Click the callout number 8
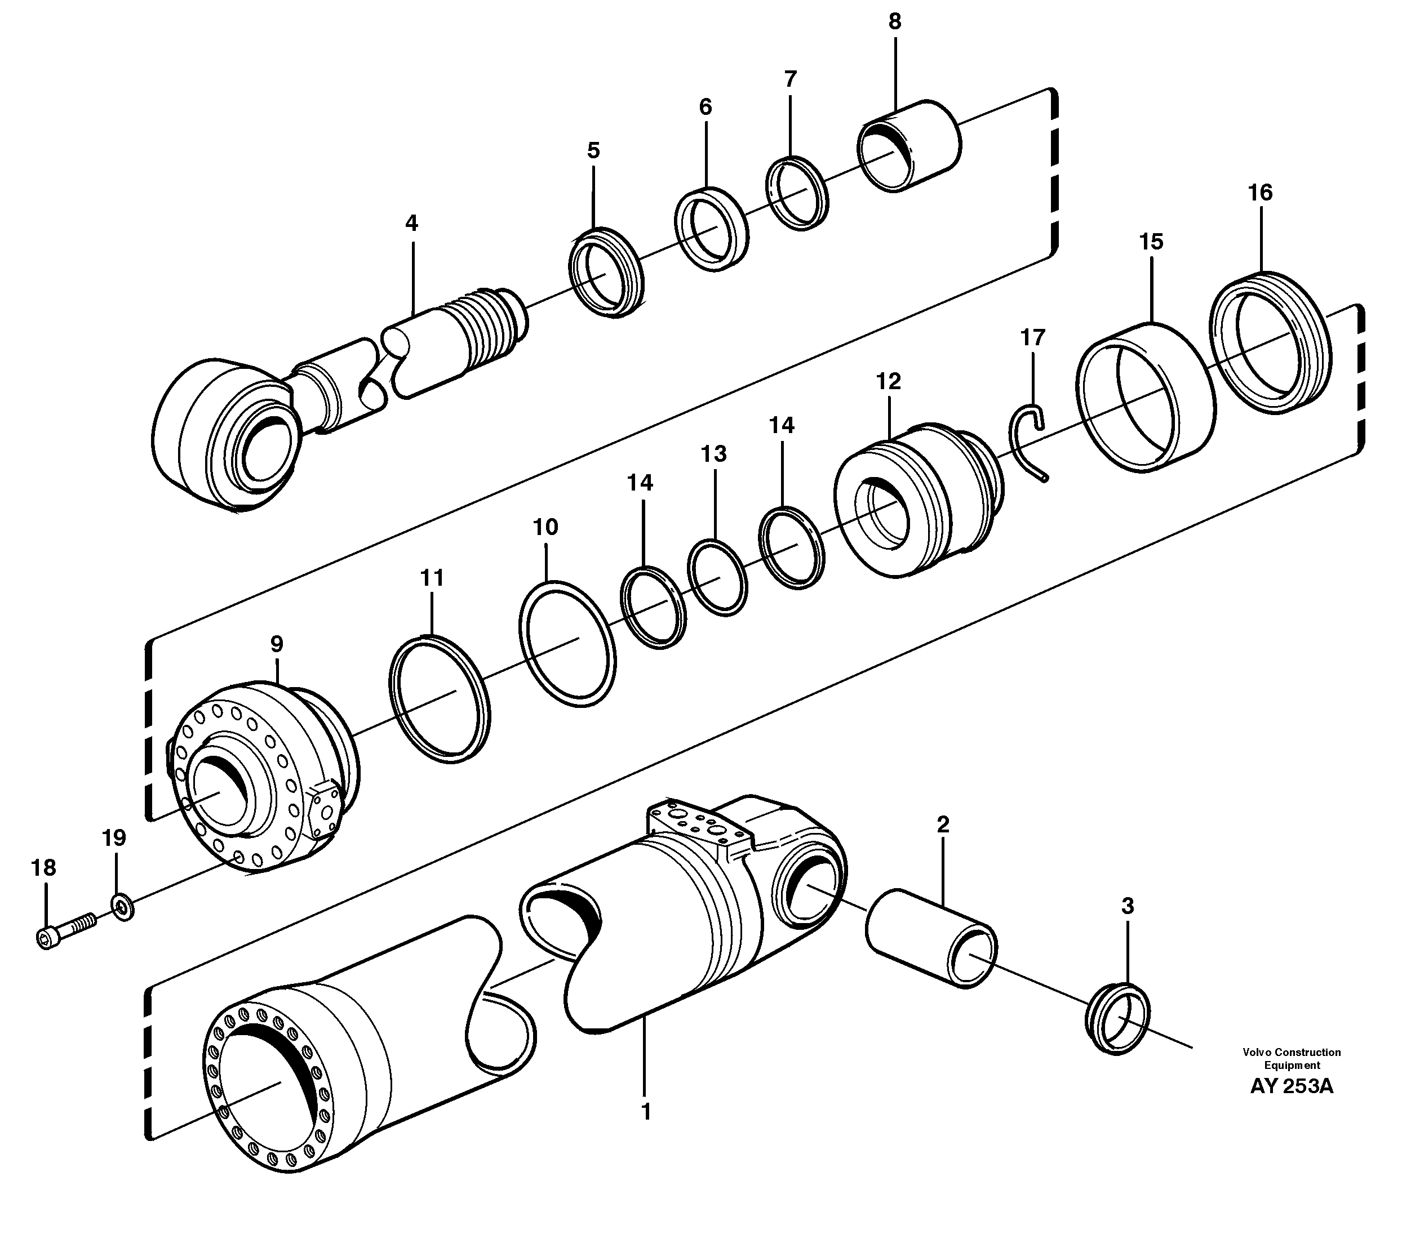(894, 22)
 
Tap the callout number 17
(1032, 337)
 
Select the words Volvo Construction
(1292, 1052)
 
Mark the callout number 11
(432, 578)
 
